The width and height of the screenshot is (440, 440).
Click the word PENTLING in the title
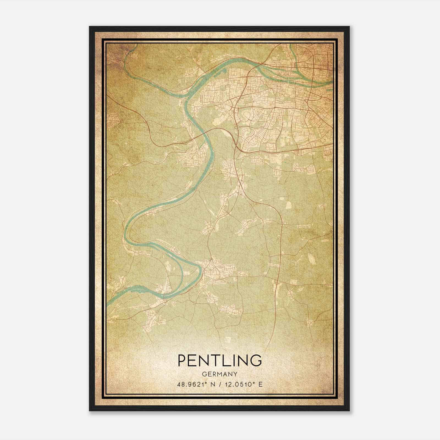pyautogui.click(x=220, y=361)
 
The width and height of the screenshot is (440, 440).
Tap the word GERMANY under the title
pyautogui.click(x=220, y=374)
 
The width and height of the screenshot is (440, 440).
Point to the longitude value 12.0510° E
pyautogui.click(x=243, y=384)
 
